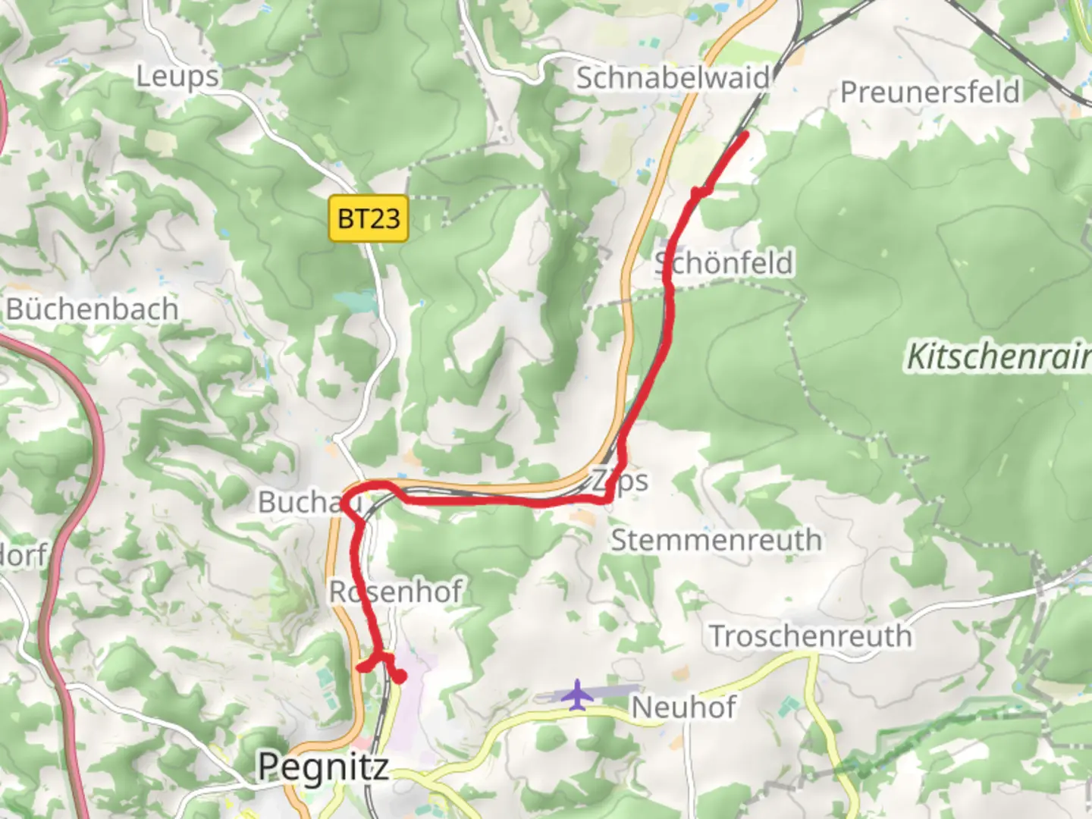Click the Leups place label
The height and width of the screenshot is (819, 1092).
(177, 77)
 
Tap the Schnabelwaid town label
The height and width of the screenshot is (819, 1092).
(672, 78)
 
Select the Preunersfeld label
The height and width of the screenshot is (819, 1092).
(930, 93)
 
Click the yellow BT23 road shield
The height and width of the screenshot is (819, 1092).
(369, 219)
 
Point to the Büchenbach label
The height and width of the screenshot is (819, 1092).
(93, 309)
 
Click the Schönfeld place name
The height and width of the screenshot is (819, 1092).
(724, 263)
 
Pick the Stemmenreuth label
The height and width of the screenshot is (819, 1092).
(716, 541)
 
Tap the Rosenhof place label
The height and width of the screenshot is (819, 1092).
(395, 591)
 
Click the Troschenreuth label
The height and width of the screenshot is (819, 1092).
(810, 636)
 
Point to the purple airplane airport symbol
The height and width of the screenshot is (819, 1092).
(578, 694)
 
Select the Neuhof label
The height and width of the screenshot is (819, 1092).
(683, 708)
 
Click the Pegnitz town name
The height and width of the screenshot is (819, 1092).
(324, 767)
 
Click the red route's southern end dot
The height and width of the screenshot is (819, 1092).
(400, 677)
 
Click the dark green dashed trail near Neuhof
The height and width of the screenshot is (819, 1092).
(933, 742)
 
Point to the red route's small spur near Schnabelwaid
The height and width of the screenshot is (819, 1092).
(696, 195)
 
